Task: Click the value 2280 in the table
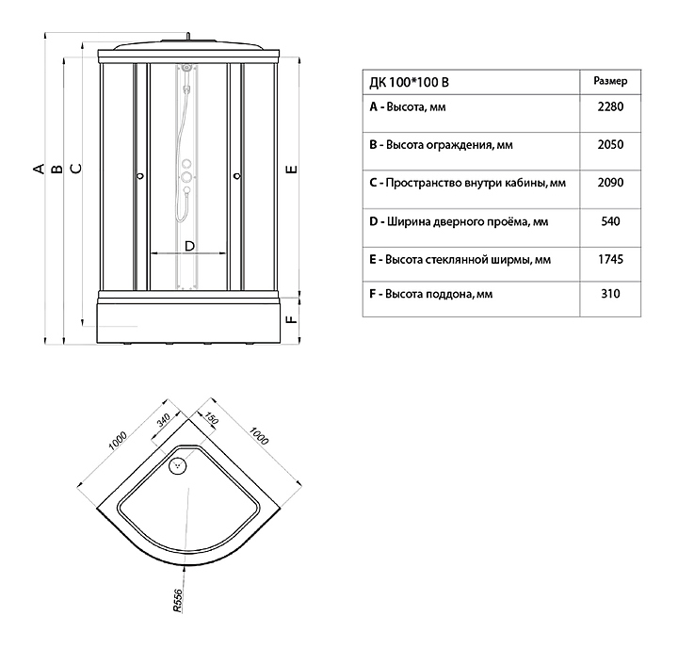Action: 610,106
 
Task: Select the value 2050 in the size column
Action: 610,144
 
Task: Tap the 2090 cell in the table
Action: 610,183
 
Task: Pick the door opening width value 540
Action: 610,221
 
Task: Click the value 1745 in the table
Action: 610,260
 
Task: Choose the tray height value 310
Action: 610,294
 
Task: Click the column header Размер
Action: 610,81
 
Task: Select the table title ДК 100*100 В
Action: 409,82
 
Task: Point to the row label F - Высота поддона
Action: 430,294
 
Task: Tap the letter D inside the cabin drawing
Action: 189,246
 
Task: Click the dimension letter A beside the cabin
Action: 39,168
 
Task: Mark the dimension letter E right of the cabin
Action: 292,169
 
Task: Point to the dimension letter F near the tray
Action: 292,319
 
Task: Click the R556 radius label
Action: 178,600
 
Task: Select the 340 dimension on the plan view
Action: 164,420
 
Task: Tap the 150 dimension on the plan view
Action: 212,418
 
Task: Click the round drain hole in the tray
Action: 177,465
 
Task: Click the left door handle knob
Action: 140,176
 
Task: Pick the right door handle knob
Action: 237,176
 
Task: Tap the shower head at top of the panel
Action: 186,68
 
